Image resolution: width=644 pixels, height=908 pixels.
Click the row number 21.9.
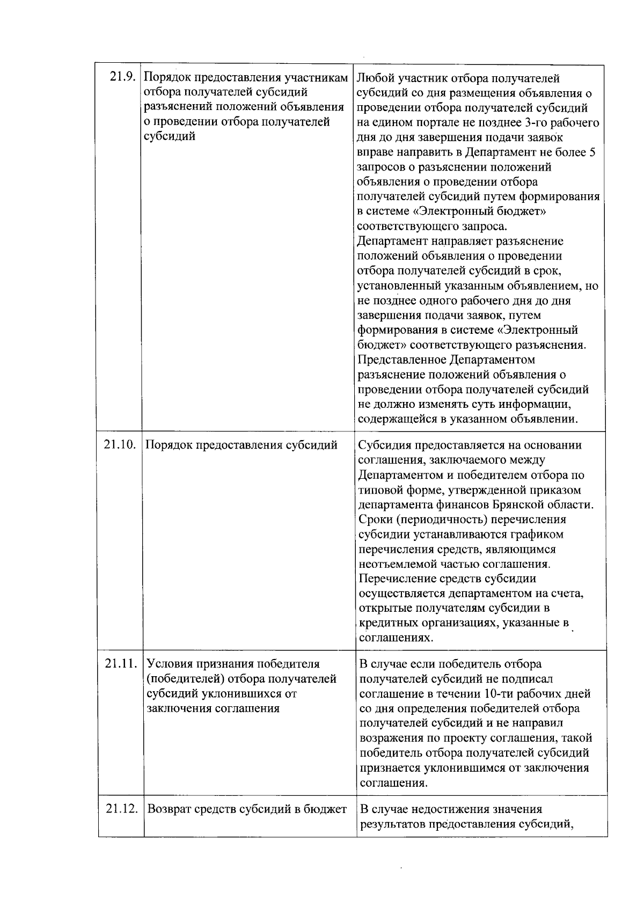pyautogui.click(x=121, y=77)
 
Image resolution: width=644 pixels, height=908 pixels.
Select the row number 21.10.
pyautogui.click(x=119, y=445)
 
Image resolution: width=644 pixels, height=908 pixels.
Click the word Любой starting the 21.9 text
pyautogui.click(x=374, y=79)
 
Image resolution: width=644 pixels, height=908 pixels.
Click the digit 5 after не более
pyautogui.click(x=592, y=152)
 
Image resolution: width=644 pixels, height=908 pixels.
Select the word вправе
pyautogui.click(x=374, y=152)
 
